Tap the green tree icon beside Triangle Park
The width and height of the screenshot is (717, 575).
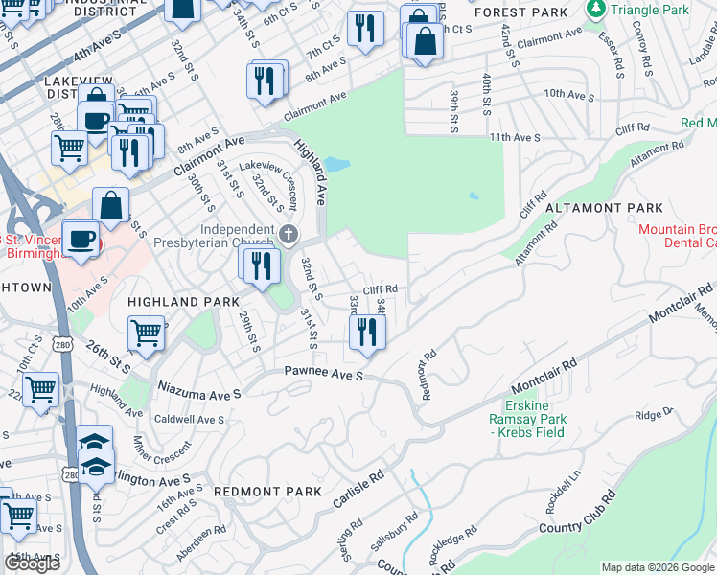click(x=596, y=10)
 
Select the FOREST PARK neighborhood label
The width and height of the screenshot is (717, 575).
click(x=520, y=12)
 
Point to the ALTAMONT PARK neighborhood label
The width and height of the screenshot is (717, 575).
click(x=604, y=208)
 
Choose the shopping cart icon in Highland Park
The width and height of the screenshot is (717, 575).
click(x=146, y=334)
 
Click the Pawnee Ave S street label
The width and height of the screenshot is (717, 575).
click(x=323, y=373)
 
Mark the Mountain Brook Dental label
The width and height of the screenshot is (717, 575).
click(x=678, y=237)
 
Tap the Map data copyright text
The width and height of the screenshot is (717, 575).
click(x=658, y=567)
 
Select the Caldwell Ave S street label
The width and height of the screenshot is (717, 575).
click(x=189, y=420)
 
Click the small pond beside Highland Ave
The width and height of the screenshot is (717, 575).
click(x=336, y=164)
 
